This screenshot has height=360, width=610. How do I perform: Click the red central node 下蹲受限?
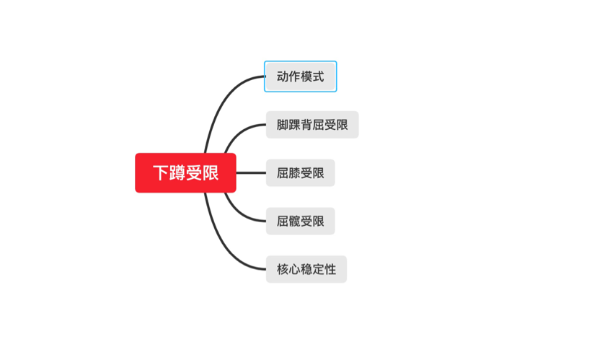coord(185,173)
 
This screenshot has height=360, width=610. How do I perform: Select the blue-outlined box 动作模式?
coord(301,76)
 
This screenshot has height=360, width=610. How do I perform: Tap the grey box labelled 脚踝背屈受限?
coord(312,125)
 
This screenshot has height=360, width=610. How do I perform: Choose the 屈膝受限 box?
coord(301,173)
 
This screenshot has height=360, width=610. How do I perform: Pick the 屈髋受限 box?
coord(301,221)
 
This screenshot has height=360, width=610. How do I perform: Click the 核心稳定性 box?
coord(306,269)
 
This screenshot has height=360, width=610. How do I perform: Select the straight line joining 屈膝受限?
coord(251,173)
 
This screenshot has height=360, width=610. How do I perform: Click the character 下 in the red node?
coord(161,173)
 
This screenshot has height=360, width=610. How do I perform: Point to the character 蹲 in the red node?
coord(177,173)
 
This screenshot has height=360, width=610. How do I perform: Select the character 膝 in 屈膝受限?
coord(294,173)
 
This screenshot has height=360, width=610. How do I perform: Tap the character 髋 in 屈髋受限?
coord(294,221)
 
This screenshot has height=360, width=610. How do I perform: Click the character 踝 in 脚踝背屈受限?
coord(294,125)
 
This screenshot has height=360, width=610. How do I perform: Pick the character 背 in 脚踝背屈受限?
coord(306,125)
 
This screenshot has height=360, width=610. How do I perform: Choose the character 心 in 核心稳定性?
coord(294,269)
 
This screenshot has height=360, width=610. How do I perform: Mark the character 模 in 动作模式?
coord(306,76)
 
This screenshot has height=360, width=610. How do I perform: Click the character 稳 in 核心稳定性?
coord(306,269)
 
